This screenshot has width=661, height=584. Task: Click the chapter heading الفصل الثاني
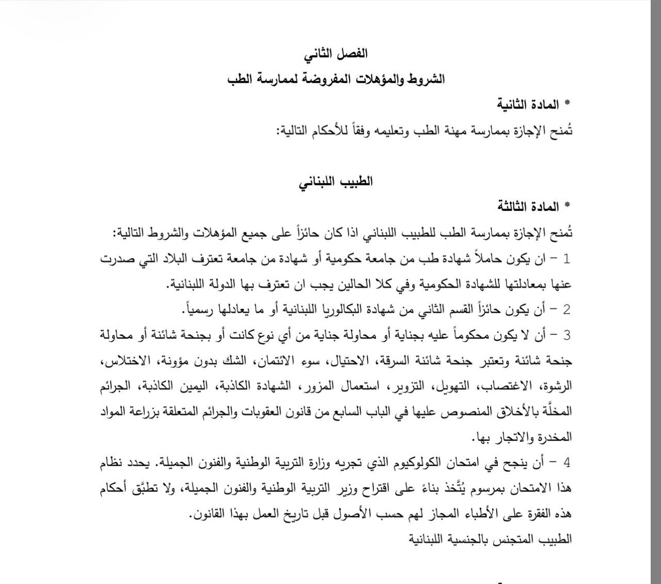(336, 53)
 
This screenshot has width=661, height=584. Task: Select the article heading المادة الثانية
(528, 104)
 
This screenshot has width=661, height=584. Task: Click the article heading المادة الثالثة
(528, 207)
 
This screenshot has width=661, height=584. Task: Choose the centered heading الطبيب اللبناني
(336, 181)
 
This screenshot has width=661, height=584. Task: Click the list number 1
(566, 259)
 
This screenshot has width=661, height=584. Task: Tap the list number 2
(566, 310)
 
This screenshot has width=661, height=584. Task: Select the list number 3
(566, 335)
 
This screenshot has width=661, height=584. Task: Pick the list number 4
(566, 463)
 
